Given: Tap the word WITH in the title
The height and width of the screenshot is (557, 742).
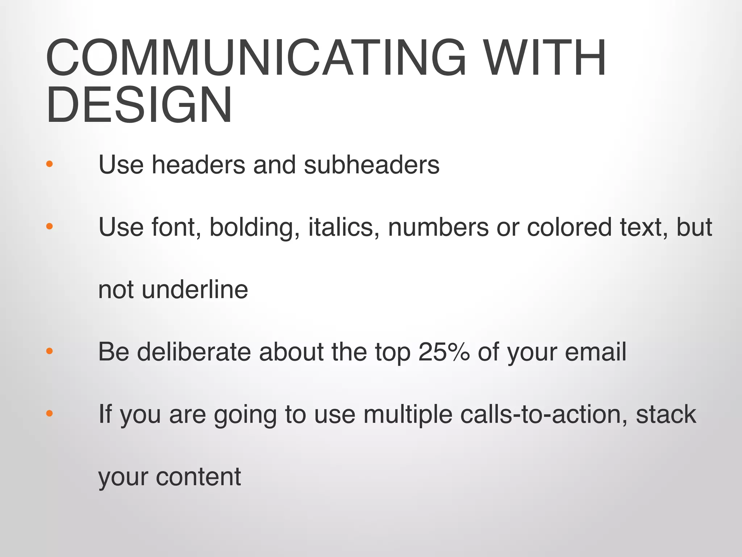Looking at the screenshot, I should [x=545, y=58].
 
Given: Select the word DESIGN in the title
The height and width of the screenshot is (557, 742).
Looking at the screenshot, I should [x=139, y=105].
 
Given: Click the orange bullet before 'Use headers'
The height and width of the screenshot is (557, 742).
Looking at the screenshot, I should [x=50, y=164].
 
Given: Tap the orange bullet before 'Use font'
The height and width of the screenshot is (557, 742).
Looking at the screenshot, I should [x=50, y=227].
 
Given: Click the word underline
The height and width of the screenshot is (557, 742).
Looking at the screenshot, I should [x=195, y=290].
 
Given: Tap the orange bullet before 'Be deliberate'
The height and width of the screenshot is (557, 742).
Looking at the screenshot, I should [x=50, y=351].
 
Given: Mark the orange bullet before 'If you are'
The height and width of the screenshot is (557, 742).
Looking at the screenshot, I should [x=50, y=413].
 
